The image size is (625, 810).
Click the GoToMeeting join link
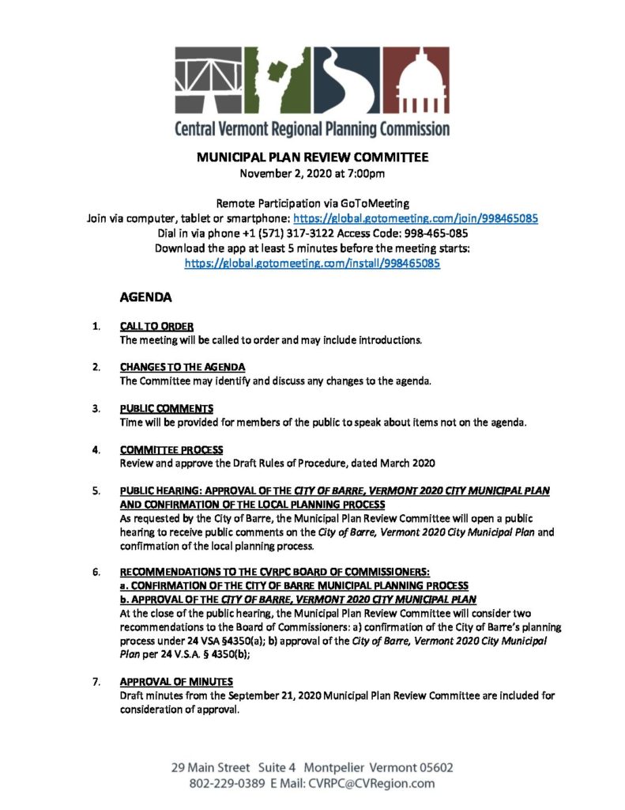(x=416, y=218)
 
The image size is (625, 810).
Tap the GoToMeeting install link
(x=312, y=263)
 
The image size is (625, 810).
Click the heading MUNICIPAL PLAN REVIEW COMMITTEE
(x=312, y=157)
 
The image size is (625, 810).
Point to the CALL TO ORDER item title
(x=156, y=326)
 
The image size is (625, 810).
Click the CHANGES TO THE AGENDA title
(x=182, y=367)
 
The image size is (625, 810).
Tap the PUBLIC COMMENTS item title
(x=166, y=408)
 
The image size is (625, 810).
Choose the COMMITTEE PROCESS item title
(x=171, y=449)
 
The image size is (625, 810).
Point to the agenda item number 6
(x=96, y=571)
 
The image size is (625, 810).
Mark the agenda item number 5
(x=96, y=490)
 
